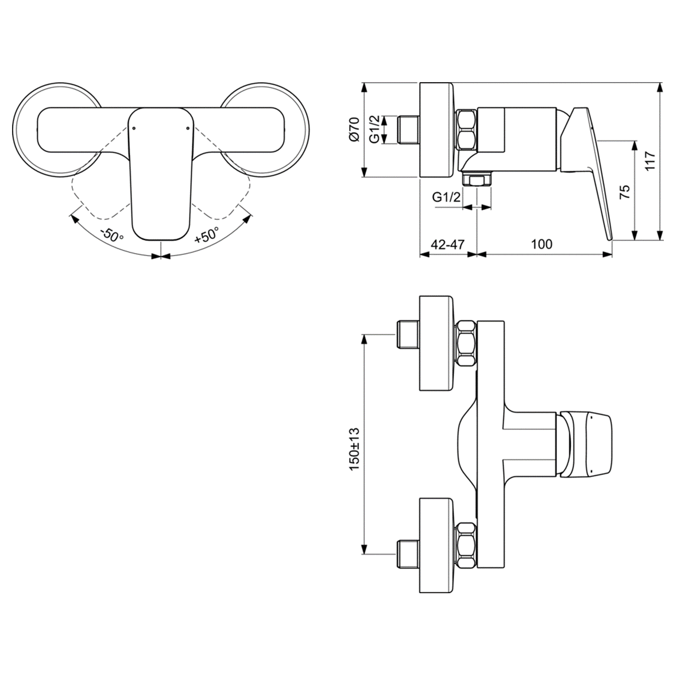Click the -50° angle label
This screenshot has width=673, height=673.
click(111, 236)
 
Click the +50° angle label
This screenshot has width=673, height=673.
click(206, 236)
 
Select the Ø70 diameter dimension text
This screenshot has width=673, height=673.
click(354, 129)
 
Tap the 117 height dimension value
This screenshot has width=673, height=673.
click(649, 162)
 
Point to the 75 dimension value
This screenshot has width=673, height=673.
click(625, 191)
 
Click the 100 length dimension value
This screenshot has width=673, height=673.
click(541, 244)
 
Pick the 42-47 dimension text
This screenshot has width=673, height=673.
click(447, 244)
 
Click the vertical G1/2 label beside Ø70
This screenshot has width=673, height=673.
click(374, 130)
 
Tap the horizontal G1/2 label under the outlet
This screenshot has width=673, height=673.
click(446, 197)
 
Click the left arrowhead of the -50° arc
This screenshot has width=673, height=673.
click(73, 216)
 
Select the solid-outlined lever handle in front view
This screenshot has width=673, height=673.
click(160, 172)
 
